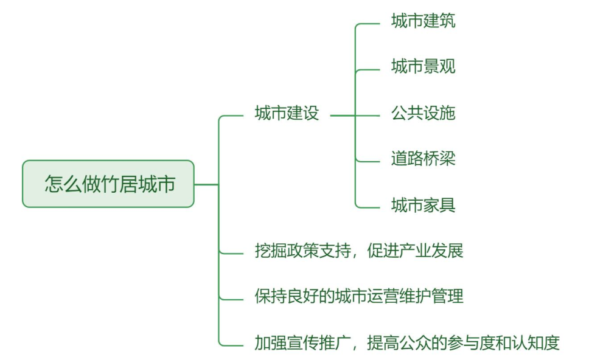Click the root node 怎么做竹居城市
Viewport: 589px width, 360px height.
pyautogui.click(x=108, y=184)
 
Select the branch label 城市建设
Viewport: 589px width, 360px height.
pyautogui.click(x=287, y=114)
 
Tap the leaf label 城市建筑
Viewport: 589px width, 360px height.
pyautogui.click(x=423, y=22)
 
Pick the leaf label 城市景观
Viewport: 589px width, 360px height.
pyautogui.click(x=423, y=67)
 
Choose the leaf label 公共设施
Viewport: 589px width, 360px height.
pyautogui.click(x=423, y=113)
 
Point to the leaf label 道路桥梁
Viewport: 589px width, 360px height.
pyautogui.click(x=423, y=159)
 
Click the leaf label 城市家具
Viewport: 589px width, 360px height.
pyautogui.click(x=423, y=205)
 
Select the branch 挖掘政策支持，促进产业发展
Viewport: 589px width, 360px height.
pyautogui.click(x=359, y=251)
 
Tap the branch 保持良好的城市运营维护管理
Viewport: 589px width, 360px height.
pyautogui.click(x=359, y=296)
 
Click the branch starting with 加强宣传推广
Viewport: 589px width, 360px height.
pyautogui.click(x=406, y=342)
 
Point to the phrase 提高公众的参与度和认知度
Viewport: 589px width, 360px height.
pyautogui.click(x=463, y=342)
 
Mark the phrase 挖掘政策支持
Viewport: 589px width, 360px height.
pyautogui.click(x=302, y=251)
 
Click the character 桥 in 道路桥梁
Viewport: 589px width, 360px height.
pyautogui.click(x=431, y=159)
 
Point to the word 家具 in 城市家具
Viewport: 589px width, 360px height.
pyautogui.click(x=439, y=205)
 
